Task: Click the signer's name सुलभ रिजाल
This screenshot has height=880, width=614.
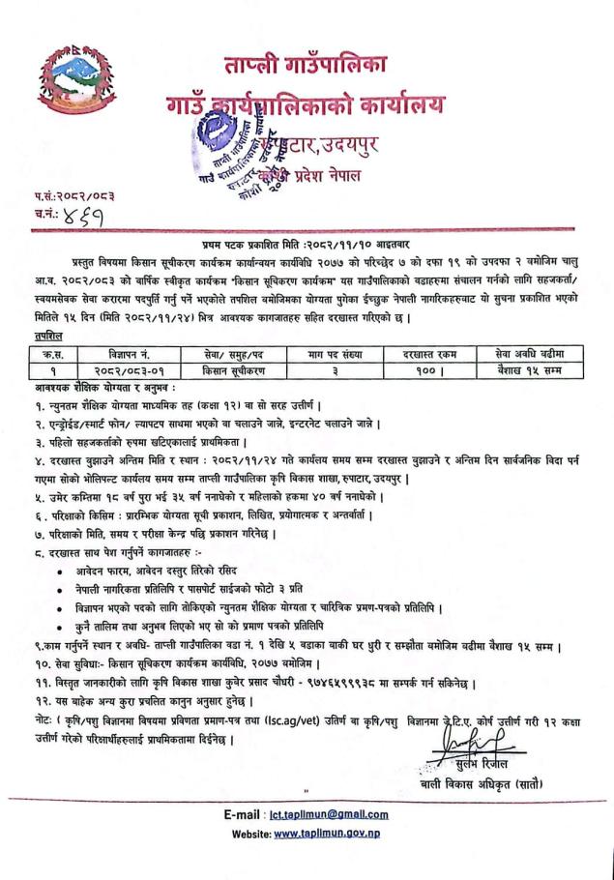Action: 527,764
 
